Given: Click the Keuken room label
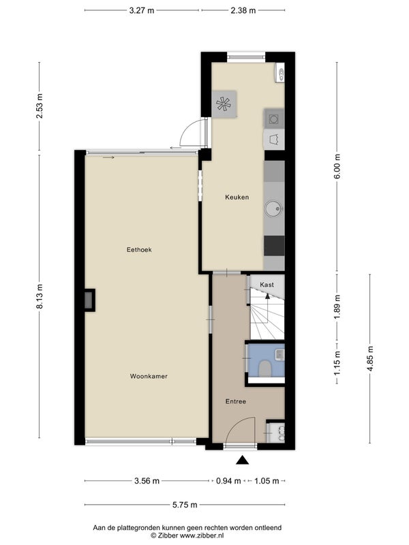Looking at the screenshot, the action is coord(237,197).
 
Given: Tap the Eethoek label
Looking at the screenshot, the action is coord(139,249).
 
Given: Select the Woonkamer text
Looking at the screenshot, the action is coord(149,376).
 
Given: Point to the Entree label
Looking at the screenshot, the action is coord(236,401).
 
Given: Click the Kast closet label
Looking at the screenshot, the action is coord(267,285).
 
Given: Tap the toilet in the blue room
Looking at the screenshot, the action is coord(265,369).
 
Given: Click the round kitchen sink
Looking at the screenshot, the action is coord(274,209).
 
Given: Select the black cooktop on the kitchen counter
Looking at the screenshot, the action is coord(274,246).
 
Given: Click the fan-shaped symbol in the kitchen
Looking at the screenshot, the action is coord(224,104).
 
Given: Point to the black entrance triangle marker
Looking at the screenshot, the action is coord(243,461).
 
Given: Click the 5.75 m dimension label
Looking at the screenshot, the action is coord(185,505).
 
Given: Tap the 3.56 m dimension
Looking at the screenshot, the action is coord(147,481).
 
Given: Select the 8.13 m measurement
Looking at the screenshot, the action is coord(40,296).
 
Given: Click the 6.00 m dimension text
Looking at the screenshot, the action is coord(337,166).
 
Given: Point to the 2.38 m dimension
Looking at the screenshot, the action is coord(243,10).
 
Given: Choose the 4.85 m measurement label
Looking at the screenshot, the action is coord(370,358).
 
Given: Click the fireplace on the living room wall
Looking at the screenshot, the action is coord(90,300).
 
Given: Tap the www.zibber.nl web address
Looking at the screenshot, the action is coord(202,535).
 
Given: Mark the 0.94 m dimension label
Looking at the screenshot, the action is coord(228,481).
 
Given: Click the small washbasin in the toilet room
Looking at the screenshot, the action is coord(279,355).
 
